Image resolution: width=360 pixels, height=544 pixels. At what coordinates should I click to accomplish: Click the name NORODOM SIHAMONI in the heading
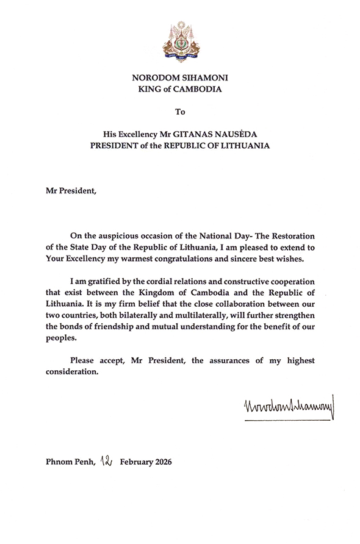click(x=179, y=77)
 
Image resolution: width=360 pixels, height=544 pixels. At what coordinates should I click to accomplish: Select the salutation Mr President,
click(x=71, y=190)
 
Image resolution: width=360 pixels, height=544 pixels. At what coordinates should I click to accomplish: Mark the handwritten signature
click(x=283, y=406)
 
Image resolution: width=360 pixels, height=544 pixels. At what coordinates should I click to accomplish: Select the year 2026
click(x=160, y=462)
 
